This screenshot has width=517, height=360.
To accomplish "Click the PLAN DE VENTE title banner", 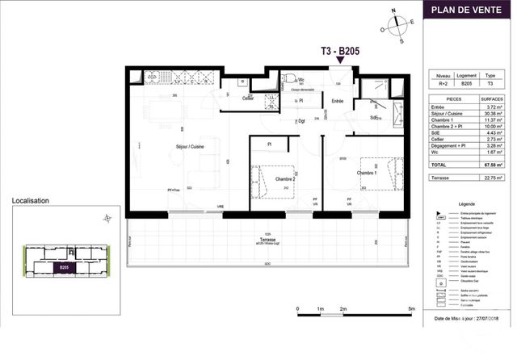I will (x=470, y=10).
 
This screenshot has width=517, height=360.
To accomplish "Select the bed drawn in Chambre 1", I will (x=377, y=171).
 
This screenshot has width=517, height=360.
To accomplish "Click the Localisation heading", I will (x=30, y=201).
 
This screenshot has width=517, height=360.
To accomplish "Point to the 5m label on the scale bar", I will (x=412, y=309).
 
